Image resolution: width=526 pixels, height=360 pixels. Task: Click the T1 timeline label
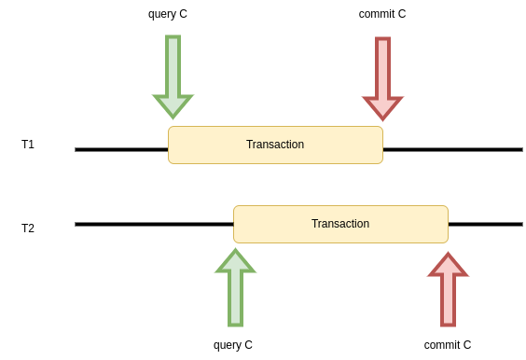coord(28,145)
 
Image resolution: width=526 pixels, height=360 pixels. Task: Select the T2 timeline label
coord(28,228)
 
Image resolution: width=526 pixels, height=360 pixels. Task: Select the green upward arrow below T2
coord(235,289)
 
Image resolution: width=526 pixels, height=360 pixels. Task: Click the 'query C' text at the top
coord(168,14)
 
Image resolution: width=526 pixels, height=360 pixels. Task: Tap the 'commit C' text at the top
coord(382,14)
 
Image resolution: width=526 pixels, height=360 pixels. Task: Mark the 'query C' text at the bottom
coord(233,345)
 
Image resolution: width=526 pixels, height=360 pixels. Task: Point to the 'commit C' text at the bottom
coord(448,345)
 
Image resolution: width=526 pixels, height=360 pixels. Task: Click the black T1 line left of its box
coord(121,149)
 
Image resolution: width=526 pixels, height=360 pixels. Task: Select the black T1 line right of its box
coord(452,149)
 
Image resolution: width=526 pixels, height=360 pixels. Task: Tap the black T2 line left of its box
coord(154,224)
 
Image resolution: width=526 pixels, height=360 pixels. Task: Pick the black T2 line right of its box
coord(485,224)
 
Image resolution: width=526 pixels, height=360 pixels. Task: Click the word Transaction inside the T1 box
coord(275,145)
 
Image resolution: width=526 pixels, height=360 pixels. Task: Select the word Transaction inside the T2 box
coord(340,224)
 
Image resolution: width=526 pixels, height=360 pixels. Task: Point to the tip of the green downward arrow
coord(173,117)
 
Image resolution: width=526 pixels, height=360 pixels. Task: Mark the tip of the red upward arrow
coord(448,255)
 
